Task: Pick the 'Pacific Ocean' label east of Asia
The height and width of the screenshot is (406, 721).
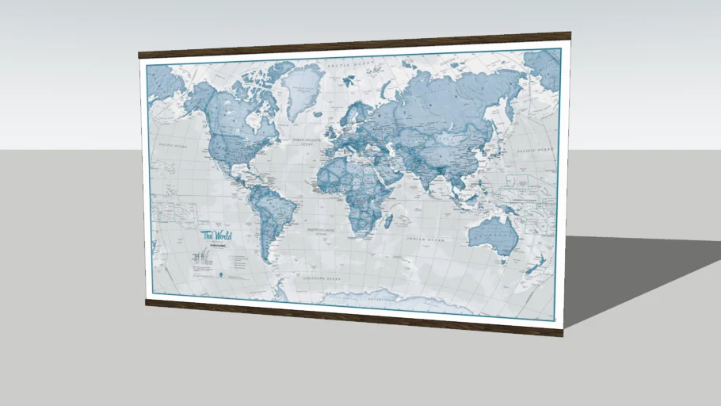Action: (x=532, y=150)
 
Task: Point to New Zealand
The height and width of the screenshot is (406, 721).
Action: (x=536, y=266)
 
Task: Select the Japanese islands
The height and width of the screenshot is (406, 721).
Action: (x=508, y=135)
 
